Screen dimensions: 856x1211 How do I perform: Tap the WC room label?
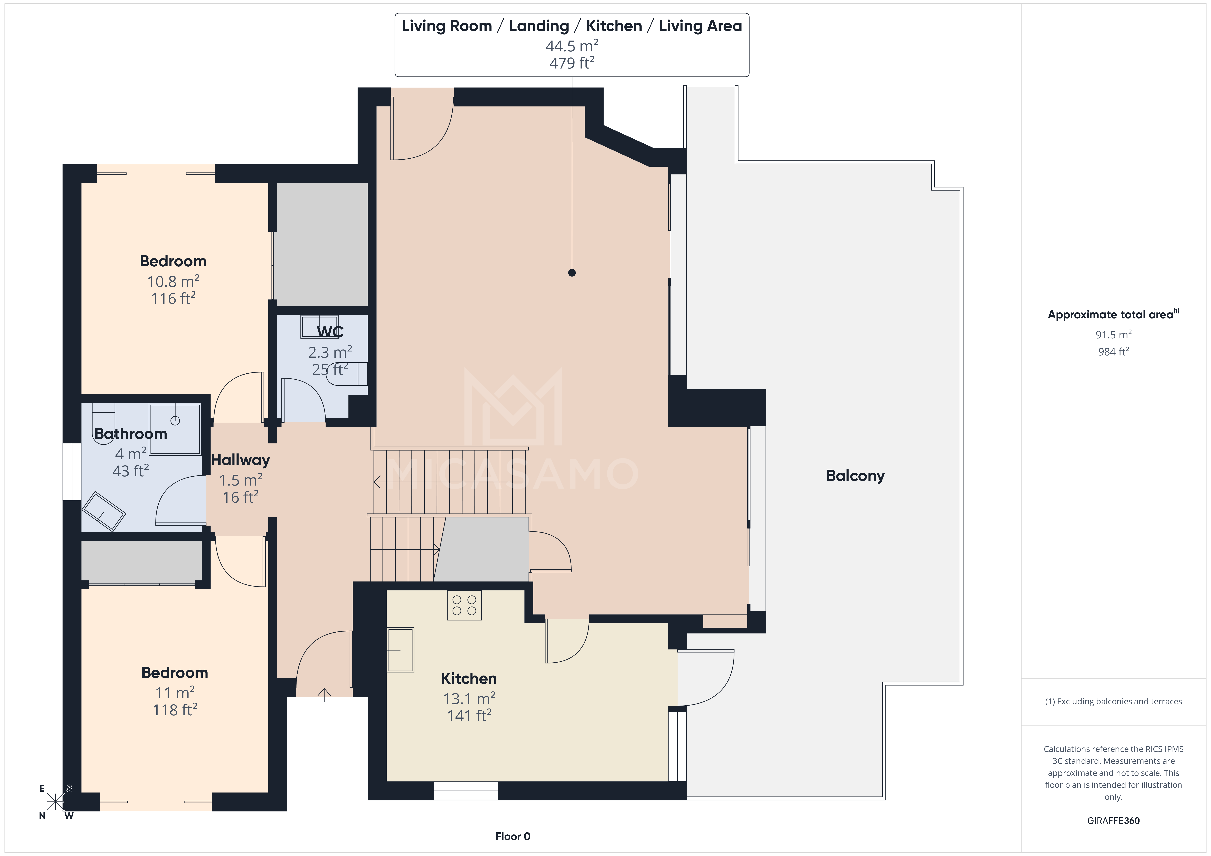[x=330, y=332]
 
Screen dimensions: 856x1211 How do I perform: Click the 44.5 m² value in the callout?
[x=572, y=46]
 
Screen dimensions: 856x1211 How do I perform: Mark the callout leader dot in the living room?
[x=572, y=273]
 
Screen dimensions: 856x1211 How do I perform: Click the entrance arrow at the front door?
[x=324, y=694]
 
